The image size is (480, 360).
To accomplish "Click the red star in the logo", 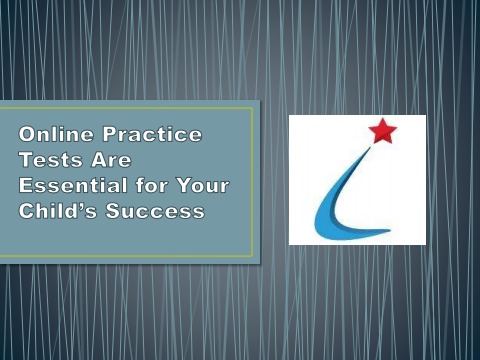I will pos(383,131).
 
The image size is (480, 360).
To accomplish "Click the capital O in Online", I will pos(26,134).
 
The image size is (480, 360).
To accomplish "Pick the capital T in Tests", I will pos(25,160).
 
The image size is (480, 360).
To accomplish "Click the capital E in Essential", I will pos(25,187).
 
